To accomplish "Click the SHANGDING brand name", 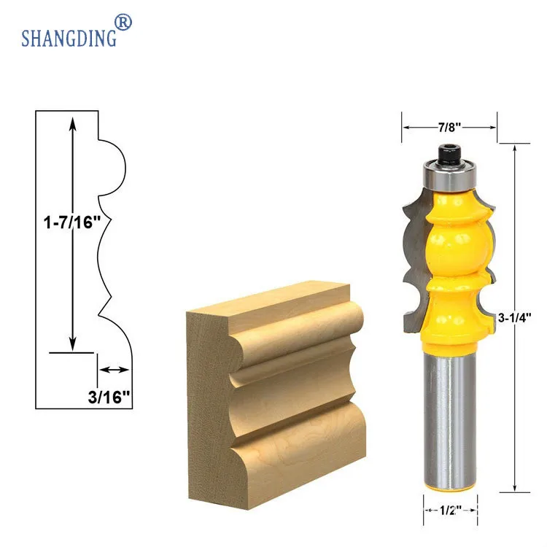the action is tap(69, 38).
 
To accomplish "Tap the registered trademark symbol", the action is tap(123, 23).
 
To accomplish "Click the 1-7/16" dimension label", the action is tap(72, 222).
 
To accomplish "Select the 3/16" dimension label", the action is tap(109, 397).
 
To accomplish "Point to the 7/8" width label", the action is tap(450, 128).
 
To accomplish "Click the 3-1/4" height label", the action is tap(515, 318).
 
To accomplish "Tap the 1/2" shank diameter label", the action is tap(451, 511).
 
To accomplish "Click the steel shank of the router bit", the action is tap(450, 419).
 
